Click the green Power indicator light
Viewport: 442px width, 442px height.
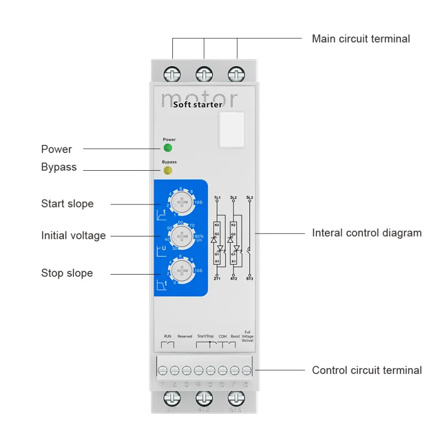(x=167, y=148)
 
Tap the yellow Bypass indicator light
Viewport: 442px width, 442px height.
(x=167, y=170)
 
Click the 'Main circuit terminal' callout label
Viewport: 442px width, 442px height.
(x=361, y=39)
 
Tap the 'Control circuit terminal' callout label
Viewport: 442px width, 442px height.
(x=366, y=370)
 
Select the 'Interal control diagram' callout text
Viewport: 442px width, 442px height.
(x=366, y=233)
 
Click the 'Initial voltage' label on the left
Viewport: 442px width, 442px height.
(x=73, y=236)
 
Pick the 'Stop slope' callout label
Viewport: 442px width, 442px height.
(x=67, y=273)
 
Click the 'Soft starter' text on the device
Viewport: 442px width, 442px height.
(x=198, y=104)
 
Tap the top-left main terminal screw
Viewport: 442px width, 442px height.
(x=172, y=73)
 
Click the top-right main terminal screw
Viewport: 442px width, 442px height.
(x=236, y=73)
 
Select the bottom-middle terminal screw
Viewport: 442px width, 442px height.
(x=204, y=399)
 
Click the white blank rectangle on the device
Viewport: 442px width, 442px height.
(x=231, y=130)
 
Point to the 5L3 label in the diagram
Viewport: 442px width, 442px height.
(x=250, y=197)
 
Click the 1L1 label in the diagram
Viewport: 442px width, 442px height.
(x=217, y=197)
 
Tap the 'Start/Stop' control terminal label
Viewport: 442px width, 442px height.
(x=206, y=336)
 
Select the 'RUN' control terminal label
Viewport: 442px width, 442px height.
(x=167, y=336)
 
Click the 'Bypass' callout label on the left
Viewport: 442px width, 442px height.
(x=59, y=167)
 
